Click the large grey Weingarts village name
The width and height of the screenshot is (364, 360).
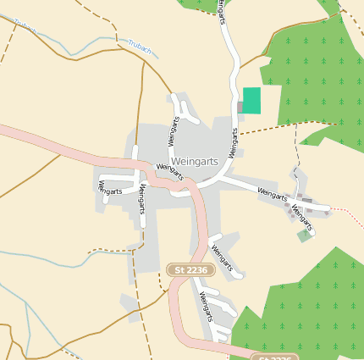click(x=194, y=160)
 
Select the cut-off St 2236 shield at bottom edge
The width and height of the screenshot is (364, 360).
click(x=275, y=357)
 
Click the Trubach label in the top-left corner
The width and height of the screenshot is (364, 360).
click(x=25, y=27)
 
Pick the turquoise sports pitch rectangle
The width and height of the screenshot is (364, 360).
click(x=251, y=100)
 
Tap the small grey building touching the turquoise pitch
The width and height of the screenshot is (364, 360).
click(x=240, y=108)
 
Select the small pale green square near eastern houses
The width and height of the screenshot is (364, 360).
click(x=304, y=235)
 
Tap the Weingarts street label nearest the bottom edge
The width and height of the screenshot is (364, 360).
click(x=205, y=305)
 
